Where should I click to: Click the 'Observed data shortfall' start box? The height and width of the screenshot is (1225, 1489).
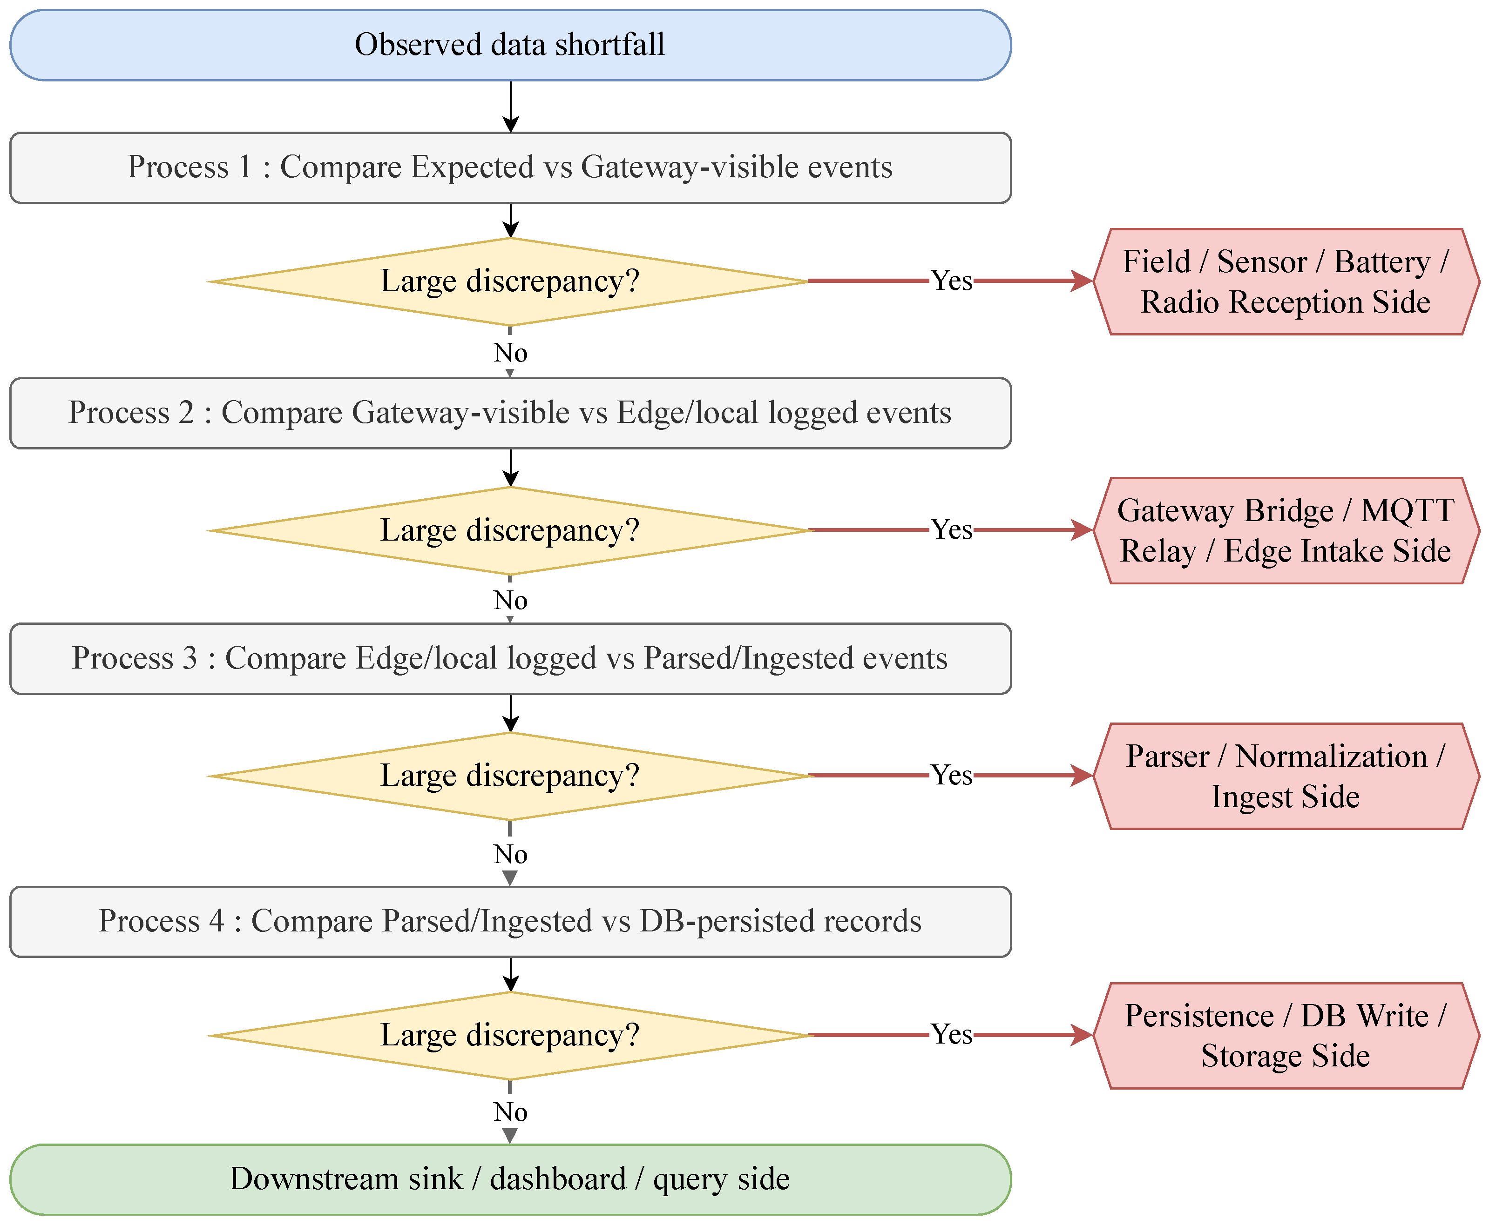point(510,45)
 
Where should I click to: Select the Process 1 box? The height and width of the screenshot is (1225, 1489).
point(510,167)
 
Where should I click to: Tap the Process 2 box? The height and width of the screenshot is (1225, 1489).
point(510,413)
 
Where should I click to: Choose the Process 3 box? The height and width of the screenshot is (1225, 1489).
point(510,658)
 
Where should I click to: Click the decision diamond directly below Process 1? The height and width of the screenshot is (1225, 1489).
point(510,281)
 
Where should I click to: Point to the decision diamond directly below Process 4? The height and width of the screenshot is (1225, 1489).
point(510,1035)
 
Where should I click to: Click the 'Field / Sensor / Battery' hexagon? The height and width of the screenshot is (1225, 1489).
point(1286,281)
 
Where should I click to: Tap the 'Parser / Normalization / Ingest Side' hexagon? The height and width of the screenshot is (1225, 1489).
point(1286,776)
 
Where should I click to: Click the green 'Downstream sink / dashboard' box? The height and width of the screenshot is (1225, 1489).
point(510,1179)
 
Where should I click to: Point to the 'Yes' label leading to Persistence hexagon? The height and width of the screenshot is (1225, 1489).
point(951,1034)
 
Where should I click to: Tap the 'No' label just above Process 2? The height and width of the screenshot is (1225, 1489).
point(510,352)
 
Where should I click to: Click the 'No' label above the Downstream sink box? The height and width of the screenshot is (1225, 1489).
point(510,1111)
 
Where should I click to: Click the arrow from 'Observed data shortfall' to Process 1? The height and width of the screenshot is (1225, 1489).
point(510,107)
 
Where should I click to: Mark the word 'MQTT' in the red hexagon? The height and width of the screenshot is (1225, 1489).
point(1407,510)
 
